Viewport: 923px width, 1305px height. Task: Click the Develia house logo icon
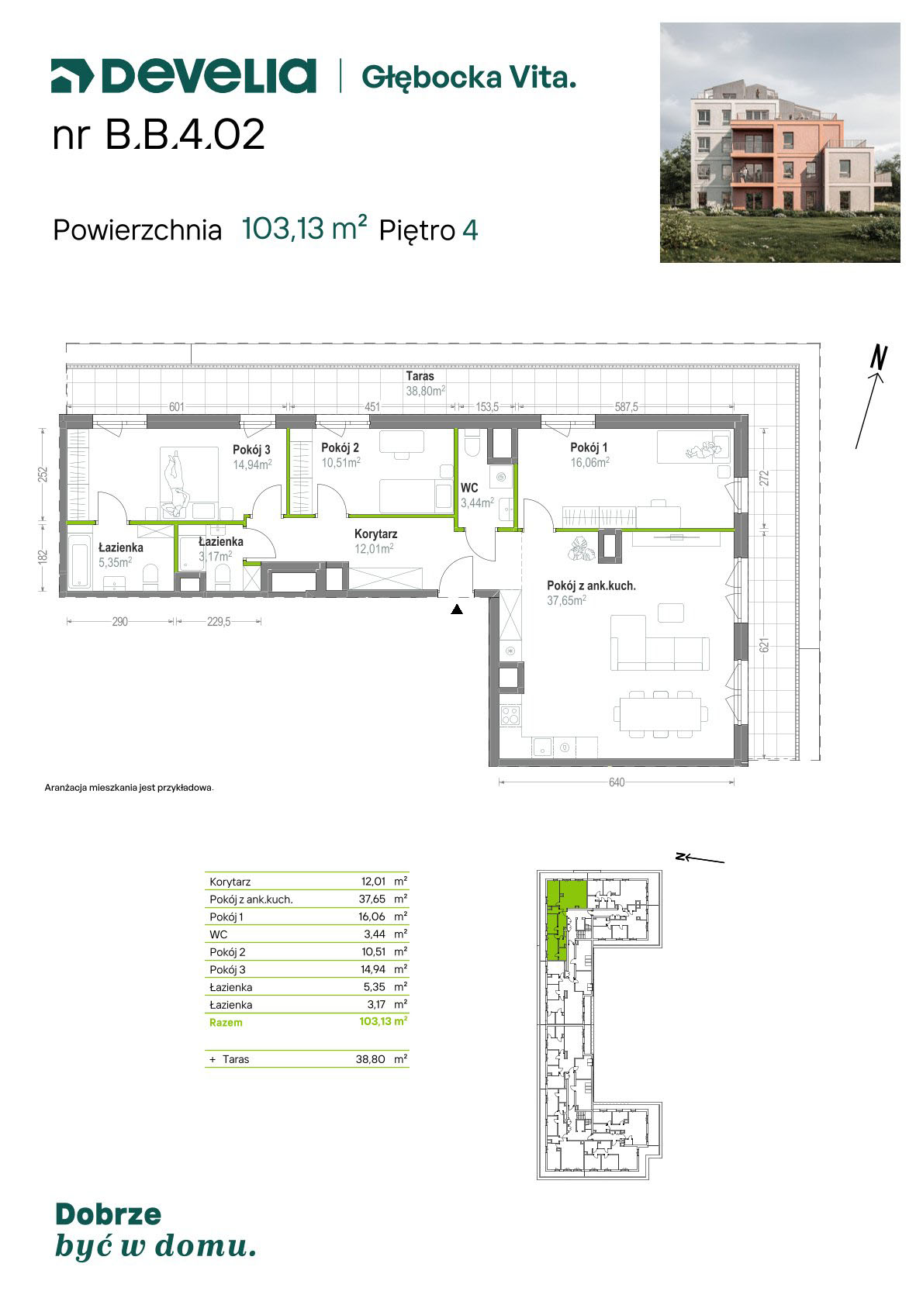coord(72,76)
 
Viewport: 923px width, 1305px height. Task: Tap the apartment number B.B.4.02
coord(185,134)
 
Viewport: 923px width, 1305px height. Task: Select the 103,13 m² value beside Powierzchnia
coord(304,229)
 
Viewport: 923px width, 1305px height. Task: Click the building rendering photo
coord(780,143)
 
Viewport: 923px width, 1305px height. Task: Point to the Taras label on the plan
coord(420,376)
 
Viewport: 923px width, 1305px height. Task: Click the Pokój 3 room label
coord(251,450)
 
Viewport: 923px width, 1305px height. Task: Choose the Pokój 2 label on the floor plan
coord(340,447)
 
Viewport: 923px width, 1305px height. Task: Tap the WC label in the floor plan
coord(469,489)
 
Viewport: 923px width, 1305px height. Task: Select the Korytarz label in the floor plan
coord(376,533)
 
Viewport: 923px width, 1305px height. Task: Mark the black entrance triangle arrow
coord(457,609)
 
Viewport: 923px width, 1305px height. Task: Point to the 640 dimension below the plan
coord(617,782)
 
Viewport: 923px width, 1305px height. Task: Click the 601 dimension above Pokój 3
coord(177,406)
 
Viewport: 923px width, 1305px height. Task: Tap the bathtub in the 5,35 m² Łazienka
coord(78,562)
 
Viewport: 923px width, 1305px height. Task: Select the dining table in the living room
coord(661,714)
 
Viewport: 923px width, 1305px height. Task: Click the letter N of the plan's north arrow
coord(879,357)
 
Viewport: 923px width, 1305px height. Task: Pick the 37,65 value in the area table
coord(372,899)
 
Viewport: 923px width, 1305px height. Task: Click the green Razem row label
coord(226,1023)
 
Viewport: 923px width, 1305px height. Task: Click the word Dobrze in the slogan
coord(108,1214)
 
